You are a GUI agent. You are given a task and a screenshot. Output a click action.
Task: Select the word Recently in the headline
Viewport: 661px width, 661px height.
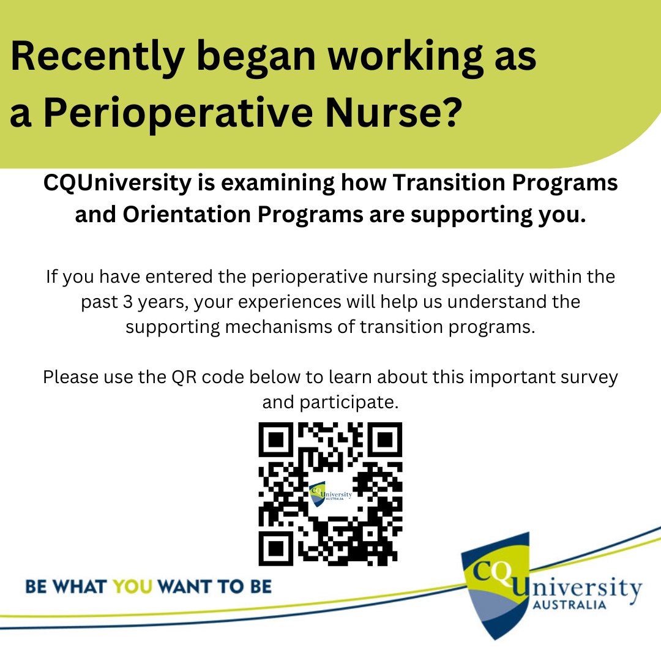(97, 57)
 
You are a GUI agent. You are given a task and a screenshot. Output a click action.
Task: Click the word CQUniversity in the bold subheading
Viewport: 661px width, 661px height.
(117, 184)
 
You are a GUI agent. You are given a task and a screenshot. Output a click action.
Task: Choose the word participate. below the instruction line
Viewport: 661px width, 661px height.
(330, 403)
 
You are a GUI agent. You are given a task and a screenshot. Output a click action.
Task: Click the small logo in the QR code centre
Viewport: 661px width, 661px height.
(330, 493)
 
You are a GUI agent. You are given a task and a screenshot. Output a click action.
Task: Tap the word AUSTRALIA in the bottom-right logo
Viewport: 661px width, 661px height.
(569, 605)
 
